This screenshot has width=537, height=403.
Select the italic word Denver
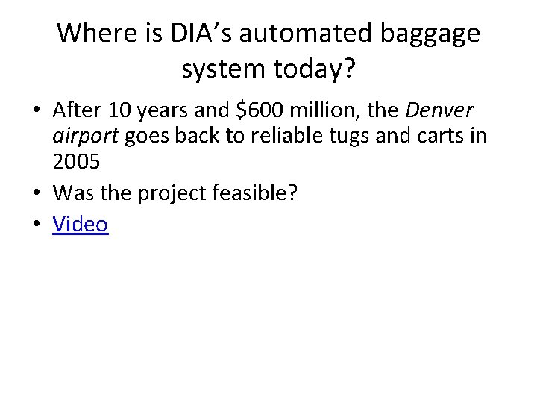click(x=441, y=112)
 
